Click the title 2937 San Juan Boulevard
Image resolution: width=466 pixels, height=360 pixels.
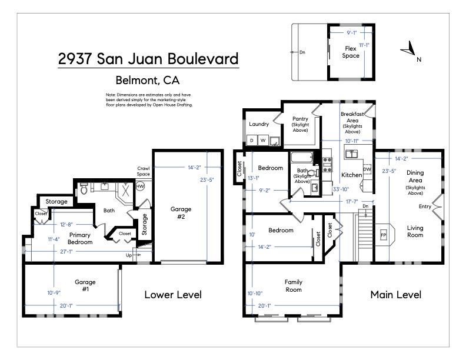click(x=148, y=59)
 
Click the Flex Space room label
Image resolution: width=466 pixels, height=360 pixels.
click(x=351, y=52)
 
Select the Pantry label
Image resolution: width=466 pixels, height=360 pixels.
click(x=301, y=122)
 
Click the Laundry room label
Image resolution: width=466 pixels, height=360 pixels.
click(x=259, y=124)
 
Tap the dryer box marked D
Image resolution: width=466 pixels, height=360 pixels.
click(x=251, y=141)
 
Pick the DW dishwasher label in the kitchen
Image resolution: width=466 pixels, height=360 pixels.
click(x=367, y=169)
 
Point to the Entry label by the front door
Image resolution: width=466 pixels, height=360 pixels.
click(x=424, y=206)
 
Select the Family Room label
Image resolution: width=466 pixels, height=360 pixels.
click(x=293, y=285)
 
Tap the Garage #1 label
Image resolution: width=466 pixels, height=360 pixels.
click(x=85, y=285)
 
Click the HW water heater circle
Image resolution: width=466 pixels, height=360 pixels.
click(x=140, y=186)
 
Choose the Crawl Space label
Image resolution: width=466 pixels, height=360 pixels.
click(x=144, y=171)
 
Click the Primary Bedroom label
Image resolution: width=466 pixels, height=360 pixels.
click(x=80, y=238)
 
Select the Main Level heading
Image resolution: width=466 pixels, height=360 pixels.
click(x=395, y=295)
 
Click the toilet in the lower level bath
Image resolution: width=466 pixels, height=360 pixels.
click(x=84, y=189)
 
